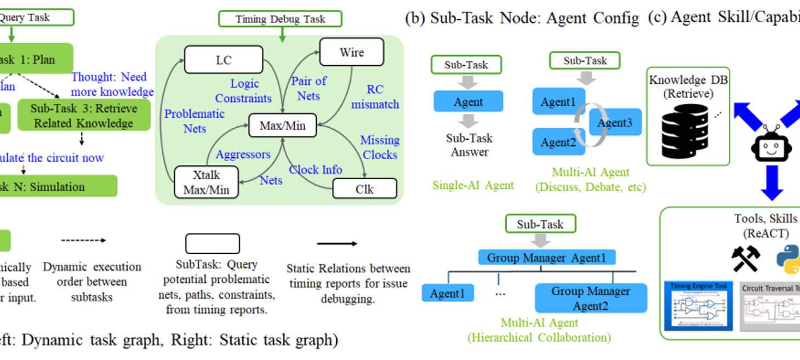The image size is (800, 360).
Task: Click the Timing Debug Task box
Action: (x=280, y=19)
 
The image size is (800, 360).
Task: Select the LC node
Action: (x=224, y=60)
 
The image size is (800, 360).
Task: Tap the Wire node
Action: (x=351, y=53)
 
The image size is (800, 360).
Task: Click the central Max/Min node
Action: (x=282, y=125)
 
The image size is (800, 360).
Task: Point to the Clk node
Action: (x=364, y=189)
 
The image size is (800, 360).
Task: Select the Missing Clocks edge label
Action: (x=380, y=147)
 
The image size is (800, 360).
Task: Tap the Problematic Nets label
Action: (x=195, y=121)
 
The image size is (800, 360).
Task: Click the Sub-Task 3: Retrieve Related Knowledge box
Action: (x=84, y=116)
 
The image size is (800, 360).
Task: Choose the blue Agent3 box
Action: (x=615, y=123)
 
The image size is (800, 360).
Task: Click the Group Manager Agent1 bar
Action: (x=546, y=258)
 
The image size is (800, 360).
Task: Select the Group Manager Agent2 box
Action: (x=591, y=298)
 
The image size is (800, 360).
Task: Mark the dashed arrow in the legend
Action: (x=83, y=240)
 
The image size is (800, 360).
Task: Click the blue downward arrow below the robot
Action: (x=772, y=182)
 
